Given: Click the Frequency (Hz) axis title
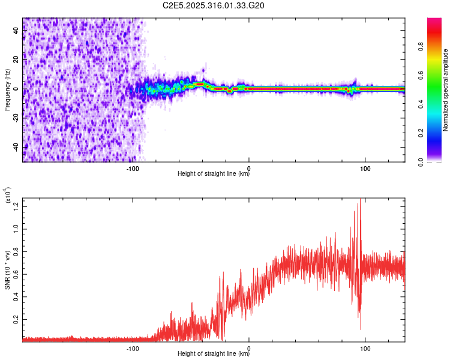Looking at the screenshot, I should coord(7,90).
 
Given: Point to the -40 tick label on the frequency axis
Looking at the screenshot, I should coord(15,147).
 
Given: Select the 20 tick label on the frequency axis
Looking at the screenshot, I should coord(16,60).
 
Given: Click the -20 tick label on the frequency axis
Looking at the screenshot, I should coord(15,118).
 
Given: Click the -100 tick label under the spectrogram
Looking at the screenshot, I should coord(133,167).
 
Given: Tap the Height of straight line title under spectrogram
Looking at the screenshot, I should coord(214,175).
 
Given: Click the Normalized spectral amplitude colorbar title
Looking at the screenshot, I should coord(446,90).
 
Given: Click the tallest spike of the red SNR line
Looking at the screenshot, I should coord(360,199).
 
